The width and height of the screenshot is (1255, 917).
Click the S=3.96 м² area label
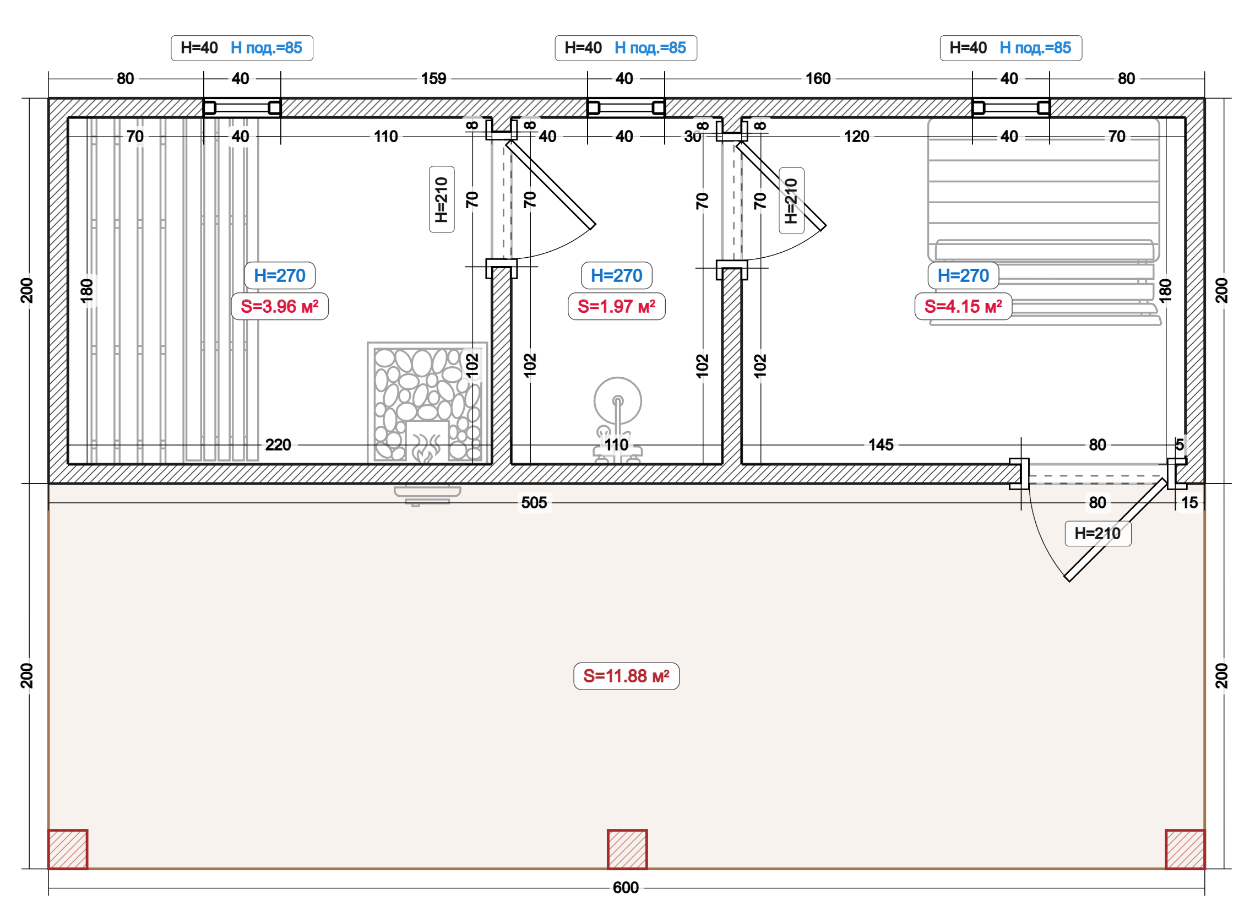(x=280, y=306)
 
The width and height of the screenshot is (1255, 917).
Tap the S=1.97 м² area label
(x=616, y=306)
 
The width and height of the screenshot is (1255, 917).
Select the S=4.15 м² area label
(x=963, y=306)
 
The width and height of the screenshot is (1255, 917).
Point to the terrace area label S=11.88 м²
(x=626, y=676)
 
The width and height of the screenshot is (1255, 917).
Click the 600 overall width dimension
(x=626, y=888)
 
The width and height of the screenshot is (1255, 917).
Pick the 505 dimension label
(x=534, y=503)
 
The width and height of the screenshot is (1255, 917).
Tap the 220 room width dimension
(x=278, y=445)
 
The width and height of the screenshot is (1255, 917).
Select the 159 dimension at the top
(x=433, y=79)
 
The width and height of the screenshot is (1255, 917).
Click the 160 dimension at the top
(x=818, y=79)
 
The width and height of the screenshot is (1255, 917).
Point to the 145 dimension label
(x=881, y=445)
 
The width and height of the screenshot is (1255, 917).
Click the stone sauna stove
(x=427, y=404)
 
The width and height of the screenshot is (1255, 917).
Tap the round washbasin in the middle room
(x=618, y=401)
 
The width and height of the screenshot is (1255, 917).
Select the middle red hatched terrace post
(x=627, y=849)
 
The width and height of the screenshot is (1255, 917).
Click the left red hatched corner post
(x=68, y=849)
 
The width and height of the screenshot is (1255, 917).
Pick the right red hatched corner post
(x=1185, y=849)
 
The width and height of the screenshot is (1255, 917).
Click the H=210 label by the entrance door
(x=1098, y=534)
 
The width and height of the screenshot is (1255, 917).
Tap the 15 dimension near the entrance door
(x=1189, y=503)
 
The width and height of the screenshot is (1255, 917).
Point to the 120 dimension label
(x=856, y=137)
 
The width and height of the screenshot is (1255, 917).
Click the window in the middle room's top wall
(x=626, y=108)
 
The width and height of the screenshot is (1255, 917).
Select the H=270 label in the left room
(x=280, y=275)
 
